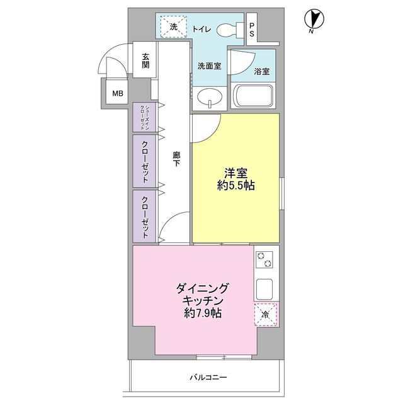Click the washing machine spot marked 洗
click(174, 27)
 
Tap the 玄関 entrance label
click(145, 60)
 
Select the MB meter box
click(118, 94)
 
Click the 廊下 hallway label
click(177, 159)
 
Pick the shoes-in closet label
click(145, 117)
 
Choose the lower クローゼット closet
click(145, 216)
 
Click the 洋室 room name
click(236, 171)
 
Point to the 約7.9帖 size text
click(201, 313)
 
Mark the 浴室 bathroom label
click(261, 71)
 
